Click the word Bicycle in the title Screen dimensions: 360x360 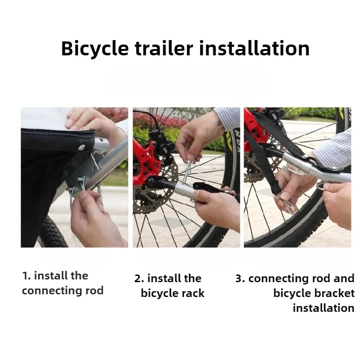pos(95,49)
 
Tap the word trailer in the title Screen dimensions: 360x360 pos(164,48)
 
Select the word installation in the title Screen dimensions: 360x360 pos(254,48)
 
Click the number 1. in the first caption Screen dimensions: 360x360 pos(27,276)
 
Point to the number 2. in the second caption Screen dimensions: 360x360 pos(139,279)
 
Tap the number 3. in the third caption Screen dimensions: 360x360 pos(240,279)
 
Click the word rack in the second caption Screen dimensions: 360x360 pos(193,293)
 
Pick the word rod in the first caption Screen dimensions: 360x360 pos(94,291)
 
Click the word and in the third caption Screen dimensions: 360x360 pos(344,279)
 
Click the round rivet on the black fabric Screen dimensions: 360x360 pos(81,147)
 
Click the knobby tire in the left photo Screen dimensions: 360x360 pos(52,232)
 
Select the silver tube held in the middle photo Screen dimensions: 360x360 pos(183,189)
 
